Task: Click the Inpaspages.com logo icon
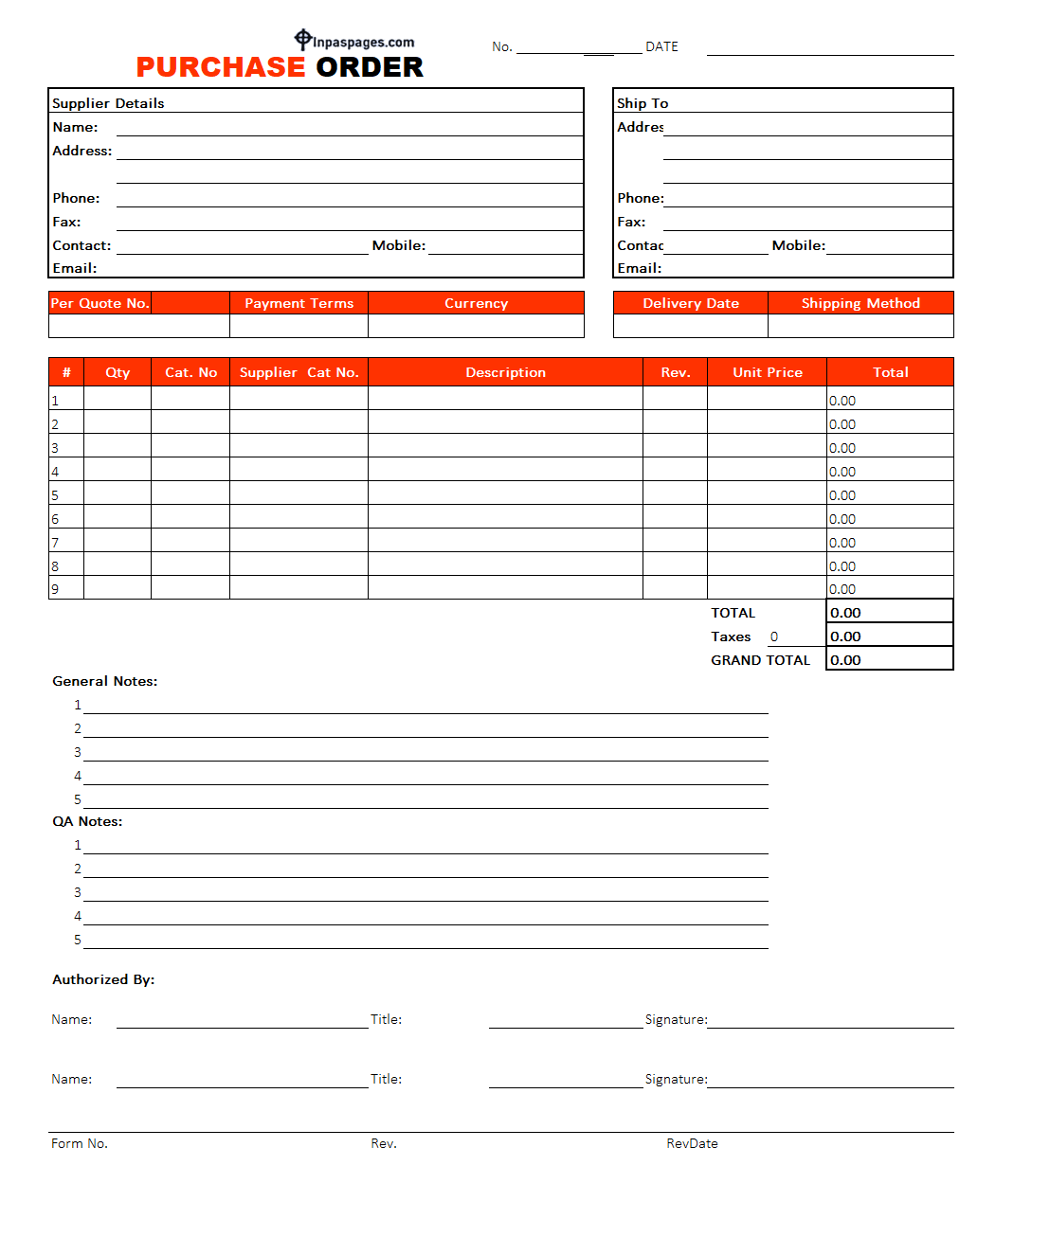coord(302,39)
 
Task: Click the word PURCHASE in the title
coord(220,67)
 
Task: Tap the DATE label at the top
coord(661,46)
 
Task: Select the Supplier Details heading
coord(108,103)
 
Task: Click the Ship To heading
coord(643,103)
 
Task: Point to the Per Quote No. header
coord(100,303)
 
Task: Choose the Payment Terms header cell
coord(299,303)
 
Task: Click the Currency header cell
coord(476,303)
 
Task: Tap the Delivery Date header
coord(690,303)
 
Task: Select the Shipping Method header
coord(860,303)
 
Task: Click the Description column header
coord(505,372)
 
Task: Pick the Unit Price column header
coord(767,372)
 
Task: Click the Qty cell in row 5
coord(118,493)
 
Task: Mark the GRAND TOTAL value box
coord(889,659)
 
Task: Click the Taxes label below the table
coord(731,636)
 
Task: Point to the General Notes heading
coord(104,681)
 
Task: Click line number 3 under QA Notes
coord(78,892)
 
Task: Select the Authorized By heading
coord(103,979)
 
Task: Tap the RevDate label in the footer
coord(692,1143)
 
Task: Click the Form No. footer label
coord(80,1143)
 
